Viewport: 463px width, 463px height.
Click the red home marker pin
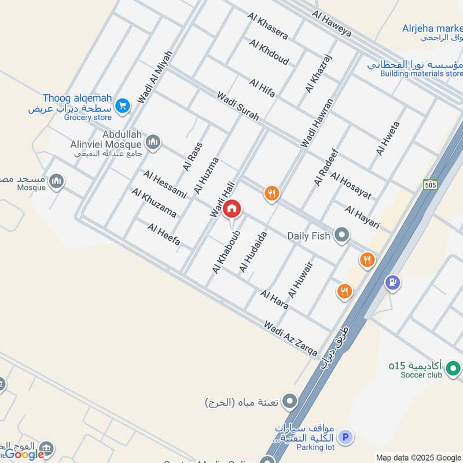click(232, 208)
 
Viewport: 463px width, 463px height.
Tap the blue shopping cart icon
click(122, 105)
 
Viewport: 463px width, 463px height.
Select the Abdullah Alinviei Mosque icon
click(153, 142)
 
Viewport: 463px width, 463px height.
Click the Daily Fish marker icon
click(343, 235)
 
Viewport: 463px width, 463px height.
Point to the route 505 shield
click(429, 184)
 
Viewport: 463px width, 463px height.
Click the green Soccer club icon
click(454, 367)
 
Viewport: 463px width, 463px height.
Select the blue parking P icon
click(346, 437)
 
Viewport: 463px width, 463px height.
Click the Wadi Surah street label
click(238, 106)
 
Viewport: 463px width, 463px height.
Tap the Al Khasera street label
click(267, 26)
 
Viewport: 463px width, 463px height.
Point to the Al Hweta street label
click(388, 138)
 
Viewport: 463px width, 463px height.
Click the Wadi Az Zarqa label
click(290, 339)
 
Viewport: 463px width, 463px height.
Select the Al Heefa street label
click(164, 234)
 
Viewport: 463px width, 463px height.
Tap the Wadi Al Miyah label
click(155, 77)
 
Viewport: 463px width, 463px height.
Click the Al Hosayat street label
click(351, 185)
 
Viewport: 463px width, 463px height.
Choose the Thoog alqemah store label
click(77, 98)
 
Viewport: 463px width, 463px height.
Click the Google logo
click(24, 454)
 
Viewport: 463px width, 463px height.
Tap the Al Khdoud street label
click(269, 52)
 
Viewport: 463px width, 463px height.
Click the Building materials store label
click(421, 74)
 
